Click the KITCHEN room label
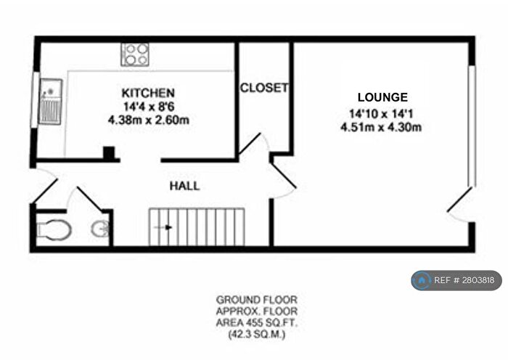pyautogui.click(x=147, y=93)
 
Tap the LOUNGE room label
pyautogui.click(x=382, y=97)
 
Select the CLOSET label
pyautogui.click(x=264, y=88)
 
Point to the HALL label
pyautogui.click(x=184, y=186)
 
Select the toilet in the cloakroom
pyautogui.click(x=54, y=230)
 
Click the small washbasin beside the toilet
pyautogui.click(x=101, y=230)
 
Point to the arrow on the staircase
pyautogui.click(x=166, y=227)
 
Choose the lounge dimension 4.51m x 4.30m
pyautogui.click(x=382, y=127)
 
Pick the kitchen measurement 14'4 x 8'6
pyautogui.click(x=147, y=107)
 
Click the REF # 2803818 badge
pyautogui.click(x=456, y=280)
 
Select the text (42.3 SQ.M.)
pyautogui.click(x=256, y=336)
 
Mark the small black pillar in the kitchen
pyautogui.click(x=108, y=153)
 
